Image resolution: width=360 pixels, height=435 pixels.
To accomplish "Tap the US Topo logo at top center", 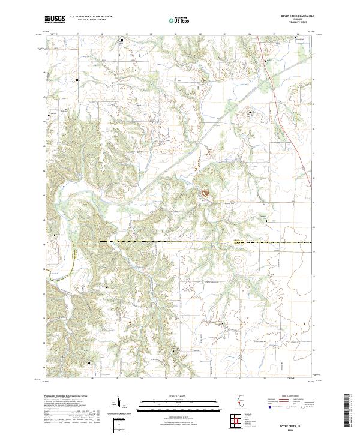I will point(180,20).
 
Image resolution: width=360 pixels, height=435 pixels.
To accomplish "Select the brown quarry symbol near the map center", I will point(205,193).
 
